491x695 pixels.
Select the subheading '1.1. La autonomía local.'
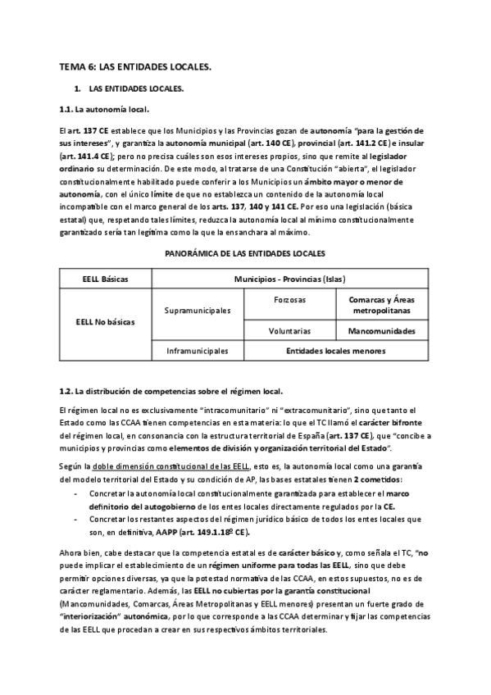tap(103, 108)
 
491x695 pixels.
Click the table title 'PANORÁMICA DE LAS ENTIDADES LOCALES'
tap(245, 254)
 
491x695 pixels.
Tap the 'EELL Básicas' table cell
tap(106, 279)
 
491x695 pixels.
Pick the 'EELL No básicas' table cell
tap(106, 321)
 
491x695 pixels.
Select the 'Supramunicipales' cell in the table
tap(198, 311)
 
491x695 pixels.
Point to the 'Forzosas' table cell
tap(289, 301)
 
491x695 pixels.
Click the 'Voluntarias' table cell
tap(289, 332)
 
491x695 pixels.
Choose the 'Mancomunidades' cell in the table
tap(381, 332)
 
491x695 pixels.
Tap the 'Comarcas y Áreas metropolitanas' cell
tap(381, 306)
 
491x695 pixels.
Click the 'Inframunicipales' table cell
tap(198, 352)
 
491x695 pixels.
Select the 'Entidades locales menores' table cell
tap(335, 352)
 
